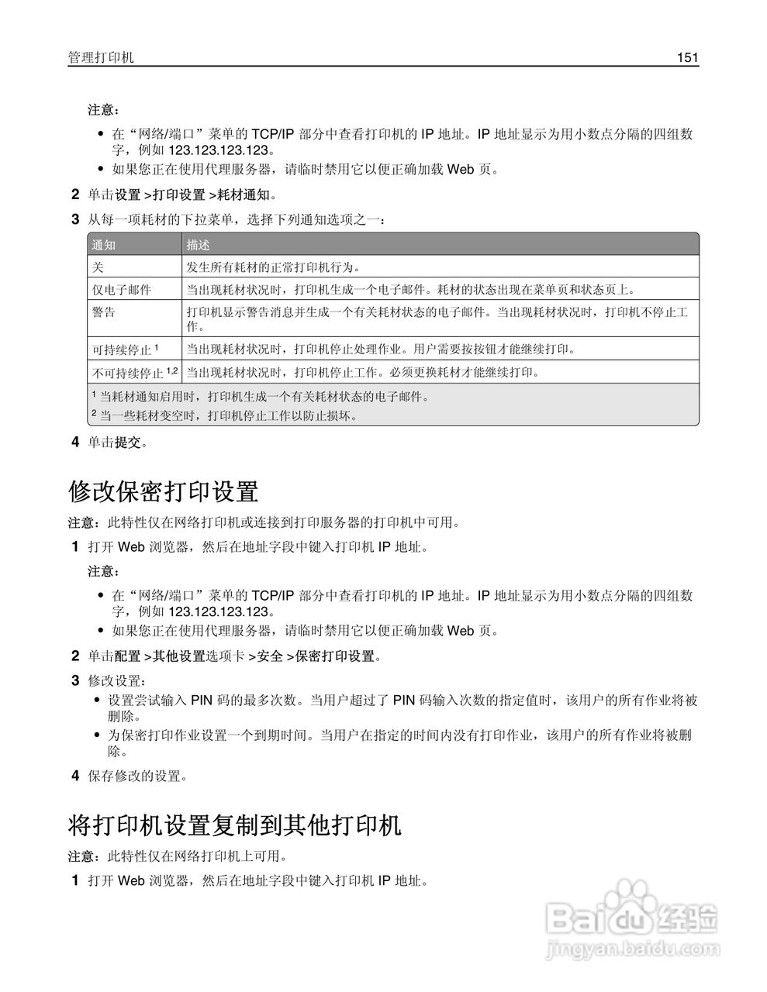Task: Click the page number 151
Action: click(687, 57)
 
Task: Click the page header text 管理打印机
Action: click(101, 57)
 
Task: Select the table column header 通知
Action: click(104, 245)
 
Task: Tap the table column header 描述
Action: click(199, 245)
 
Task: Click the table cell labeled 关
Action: click(98, 267)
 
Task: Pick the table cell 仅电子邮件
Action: click(122, 290)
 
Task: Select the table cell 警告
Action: click(104, 312)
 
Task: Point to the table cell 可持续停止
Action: click(121, 350)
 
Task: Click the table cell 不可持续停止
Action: click(127, 373)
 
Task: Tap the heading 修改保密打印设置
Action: click(163, 491)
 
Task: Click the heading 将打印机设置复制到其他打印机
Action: click(235, 825)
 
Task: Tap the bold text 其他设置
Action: click(178, 656)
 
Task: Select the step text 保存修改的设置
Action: click(137, 776)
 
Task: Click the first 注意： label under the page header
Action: click(103, 110)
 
